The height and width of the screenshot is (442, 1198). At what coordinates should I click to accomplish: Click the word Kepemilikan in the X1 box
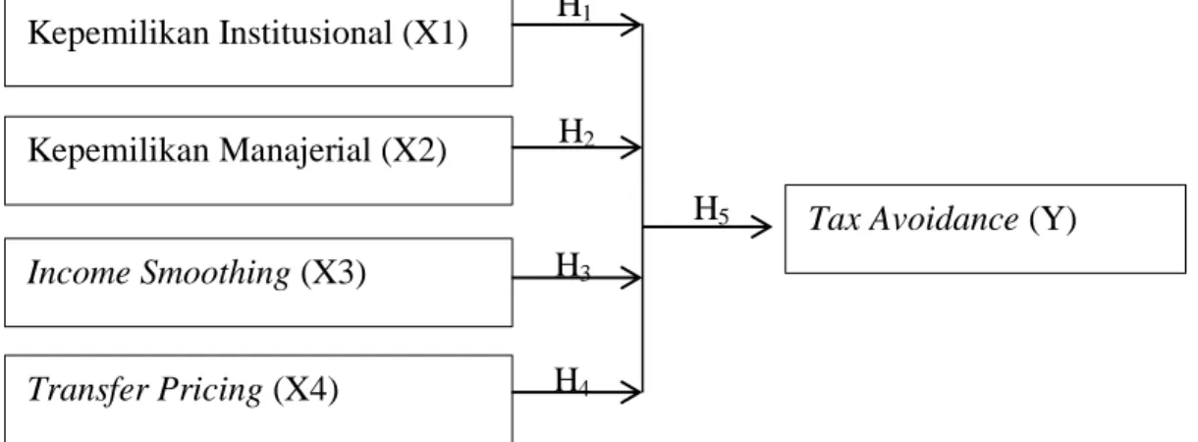click(x=118, y=33)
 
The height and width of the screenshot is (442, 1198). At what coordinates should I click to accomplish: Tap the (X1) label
click(x=435, y=33)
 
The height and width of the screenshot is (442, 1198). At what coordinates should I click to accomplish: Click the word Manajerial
click(x=296, y=150)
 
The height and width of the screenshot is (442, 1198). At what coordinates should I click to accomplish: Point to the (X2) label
click(x=414, y=150)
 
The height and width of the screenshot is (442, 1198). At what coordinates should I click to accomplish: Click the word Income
click(x=79, y=272)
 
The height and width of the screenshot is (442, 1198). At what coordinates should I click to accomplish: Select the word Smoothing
click(x=215, y=273)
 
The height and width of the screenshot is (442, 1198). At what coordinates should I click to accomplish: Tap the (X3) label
click(x=334, y=273)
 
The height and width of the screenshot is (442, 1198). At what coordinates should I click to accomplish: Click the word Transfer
click(x=87, y=389)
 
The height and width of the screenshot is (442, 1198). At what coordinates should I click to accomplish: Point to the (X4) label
click(x=306, y=389)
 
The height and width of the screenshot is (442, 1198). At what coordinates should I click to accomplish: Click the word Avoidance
click(x=944, y=219)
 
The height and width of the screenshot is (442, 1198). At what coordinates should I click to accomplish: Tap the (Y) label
click(x=1053, y=219)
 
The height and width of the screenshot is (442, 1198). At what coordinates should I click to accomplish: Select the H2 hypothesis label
click(x=576, y=132)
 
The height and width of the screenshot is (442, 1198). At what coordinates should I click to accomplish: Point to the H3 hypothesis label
click(x=573, y=266)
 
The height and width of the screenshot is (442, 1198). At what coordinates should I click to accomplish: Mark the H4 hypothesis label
click(x=572, y=381)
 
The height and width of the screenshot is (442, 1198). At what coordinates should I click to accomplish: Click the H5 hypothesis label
click(x=711, y=209)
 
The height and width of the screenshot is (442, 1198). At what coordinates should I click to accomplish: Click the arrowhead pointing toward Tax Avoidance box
click(x=762, y=227)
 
